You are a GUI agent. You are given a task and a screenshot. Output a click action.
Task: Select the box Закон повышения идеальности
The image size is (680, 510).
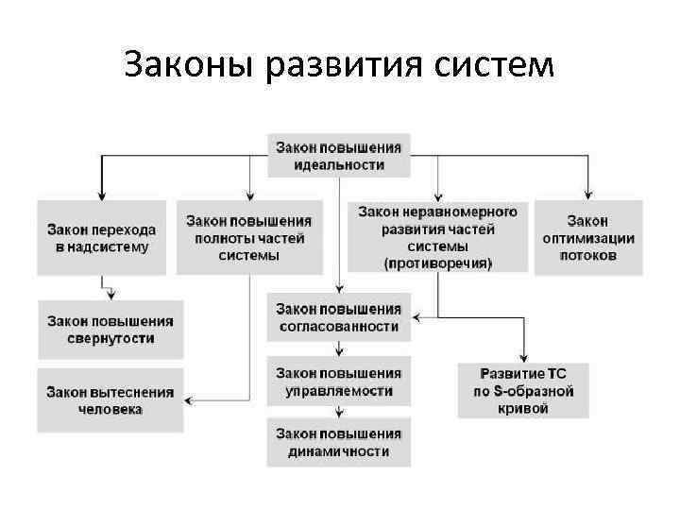point(338,155)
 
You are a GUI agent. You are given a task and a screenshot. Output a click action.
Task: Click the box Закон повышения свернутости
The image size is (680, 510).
point(111,329)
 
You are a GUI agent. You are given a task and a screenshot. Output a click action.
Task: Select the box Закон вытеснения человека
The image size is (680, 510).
point(111,399)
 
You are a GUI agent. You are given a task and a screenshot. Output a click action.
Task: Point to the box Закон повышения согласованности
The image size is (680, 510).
point(338,318)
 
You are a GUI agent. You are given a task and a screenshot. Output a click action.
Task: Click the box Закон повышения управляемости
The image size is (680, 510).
point(338,381)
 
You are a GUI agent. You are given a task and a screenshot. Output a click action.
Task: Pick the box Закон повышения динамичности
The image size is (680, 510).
point(338,442)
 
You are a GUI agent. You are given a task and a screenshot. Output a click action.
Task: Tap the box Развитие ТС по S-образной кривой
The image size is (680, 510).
point(522,390)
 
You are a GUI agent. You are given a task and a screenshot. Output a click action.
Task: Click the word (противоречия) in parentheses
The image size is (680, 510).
point(438,263)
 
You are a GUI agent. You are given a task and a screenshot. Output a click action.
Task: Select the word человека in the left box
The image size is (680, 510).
point(111,410)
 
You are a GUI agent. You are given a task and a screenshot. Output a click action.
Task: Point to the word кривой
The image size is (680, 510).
point(522,409)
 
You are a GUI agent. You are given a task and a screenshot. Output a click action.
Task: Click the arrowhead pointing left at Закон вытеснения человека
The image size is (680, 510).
point(190,400)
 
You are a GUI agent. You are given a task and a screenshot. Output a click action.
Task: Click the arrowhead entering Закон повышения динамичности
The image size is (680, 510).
point(338,413)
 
